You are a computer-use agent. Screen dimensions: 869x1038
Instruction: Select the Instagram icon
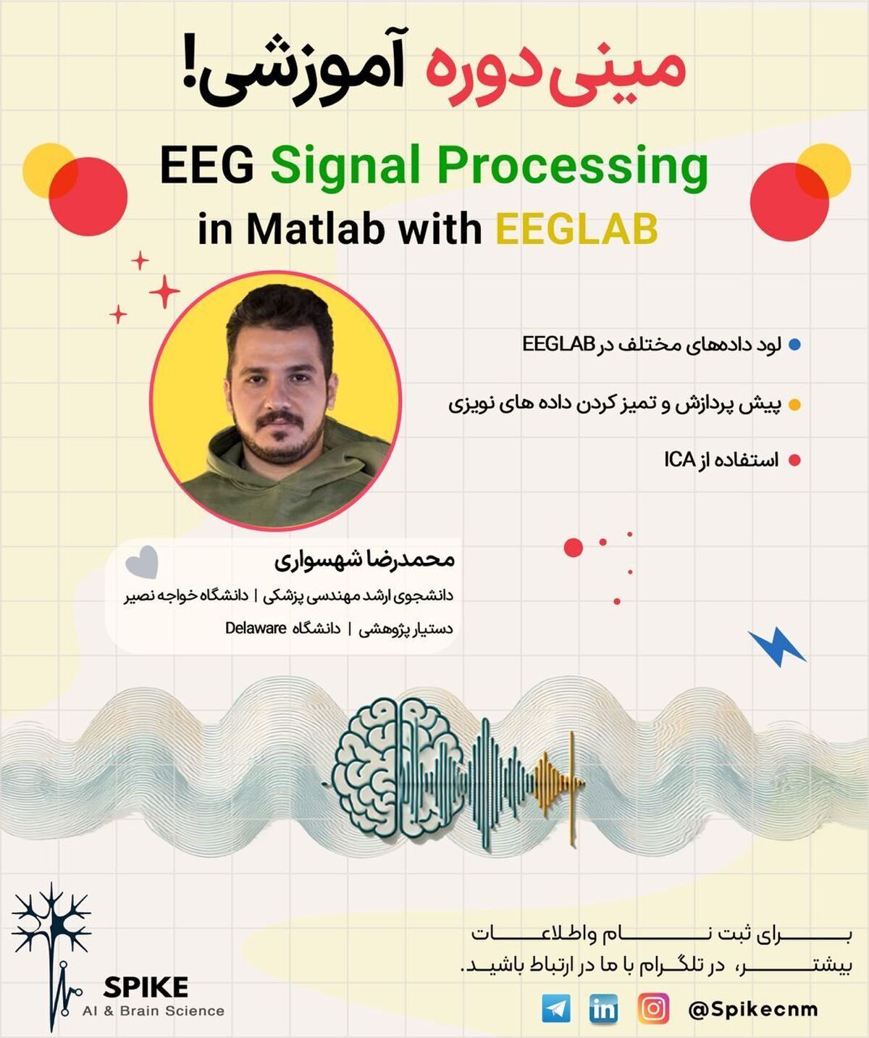(653, 1008)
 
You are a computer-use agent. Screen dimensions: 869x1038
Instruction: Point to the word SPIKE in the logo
(146, 987)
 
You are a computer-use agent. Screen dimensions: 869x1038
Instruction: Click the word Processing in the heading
(573, 167)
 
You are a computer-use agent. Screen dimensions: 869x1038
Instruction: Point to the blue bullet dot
(794, 345)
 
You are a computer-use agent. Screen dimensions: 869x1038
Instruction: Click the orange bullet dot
(794, 405)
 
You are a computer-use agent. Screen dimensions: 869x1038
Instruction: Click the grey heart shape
(142, 562)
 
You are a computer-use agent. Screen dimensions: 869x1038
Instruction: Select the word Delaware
(256, 628)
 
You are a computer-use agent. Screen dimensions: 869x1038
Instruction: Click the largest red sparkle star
(164, 291)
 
